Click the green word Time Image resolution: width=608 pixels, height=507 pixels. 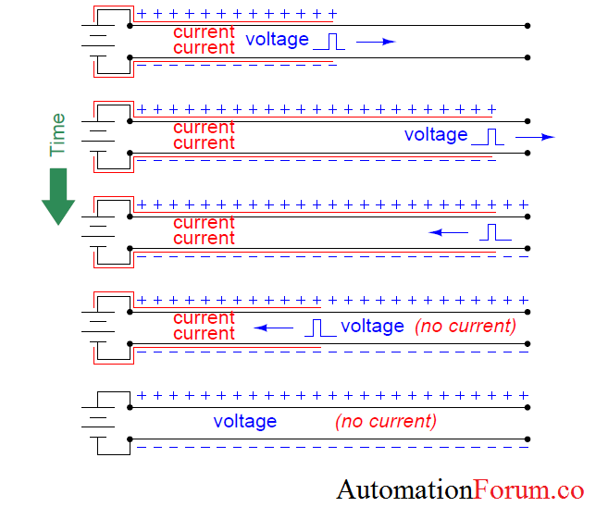[57, 135]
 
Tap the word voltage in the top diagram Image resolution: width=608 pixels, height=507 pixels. [277, 40]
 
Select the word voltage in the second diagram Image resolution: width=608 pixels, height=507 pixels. [436, 135]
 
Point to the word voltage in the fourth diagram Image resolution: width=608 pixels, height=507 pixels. [372, 326]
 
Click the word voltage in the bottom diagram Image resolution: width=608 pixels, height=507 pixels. [245, 422]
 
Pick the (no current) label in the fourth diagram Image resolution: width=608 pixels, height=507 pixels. [465, 326]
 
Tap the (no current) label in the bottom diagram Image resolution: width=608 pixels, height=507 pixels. [385, 422]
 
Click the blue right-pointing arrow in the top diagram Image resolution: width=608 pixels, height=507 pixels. [376, 42]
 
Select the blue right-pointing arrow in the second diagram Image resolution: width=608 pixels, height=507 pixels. [535, 137]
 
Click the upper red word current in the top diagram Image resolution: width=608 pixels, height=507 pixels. [204, 32]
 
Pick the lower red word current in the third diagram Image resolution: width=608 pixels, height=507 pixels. [204, 239]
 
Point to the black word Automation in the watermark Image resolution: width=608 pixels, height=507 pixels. [405, 488]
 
